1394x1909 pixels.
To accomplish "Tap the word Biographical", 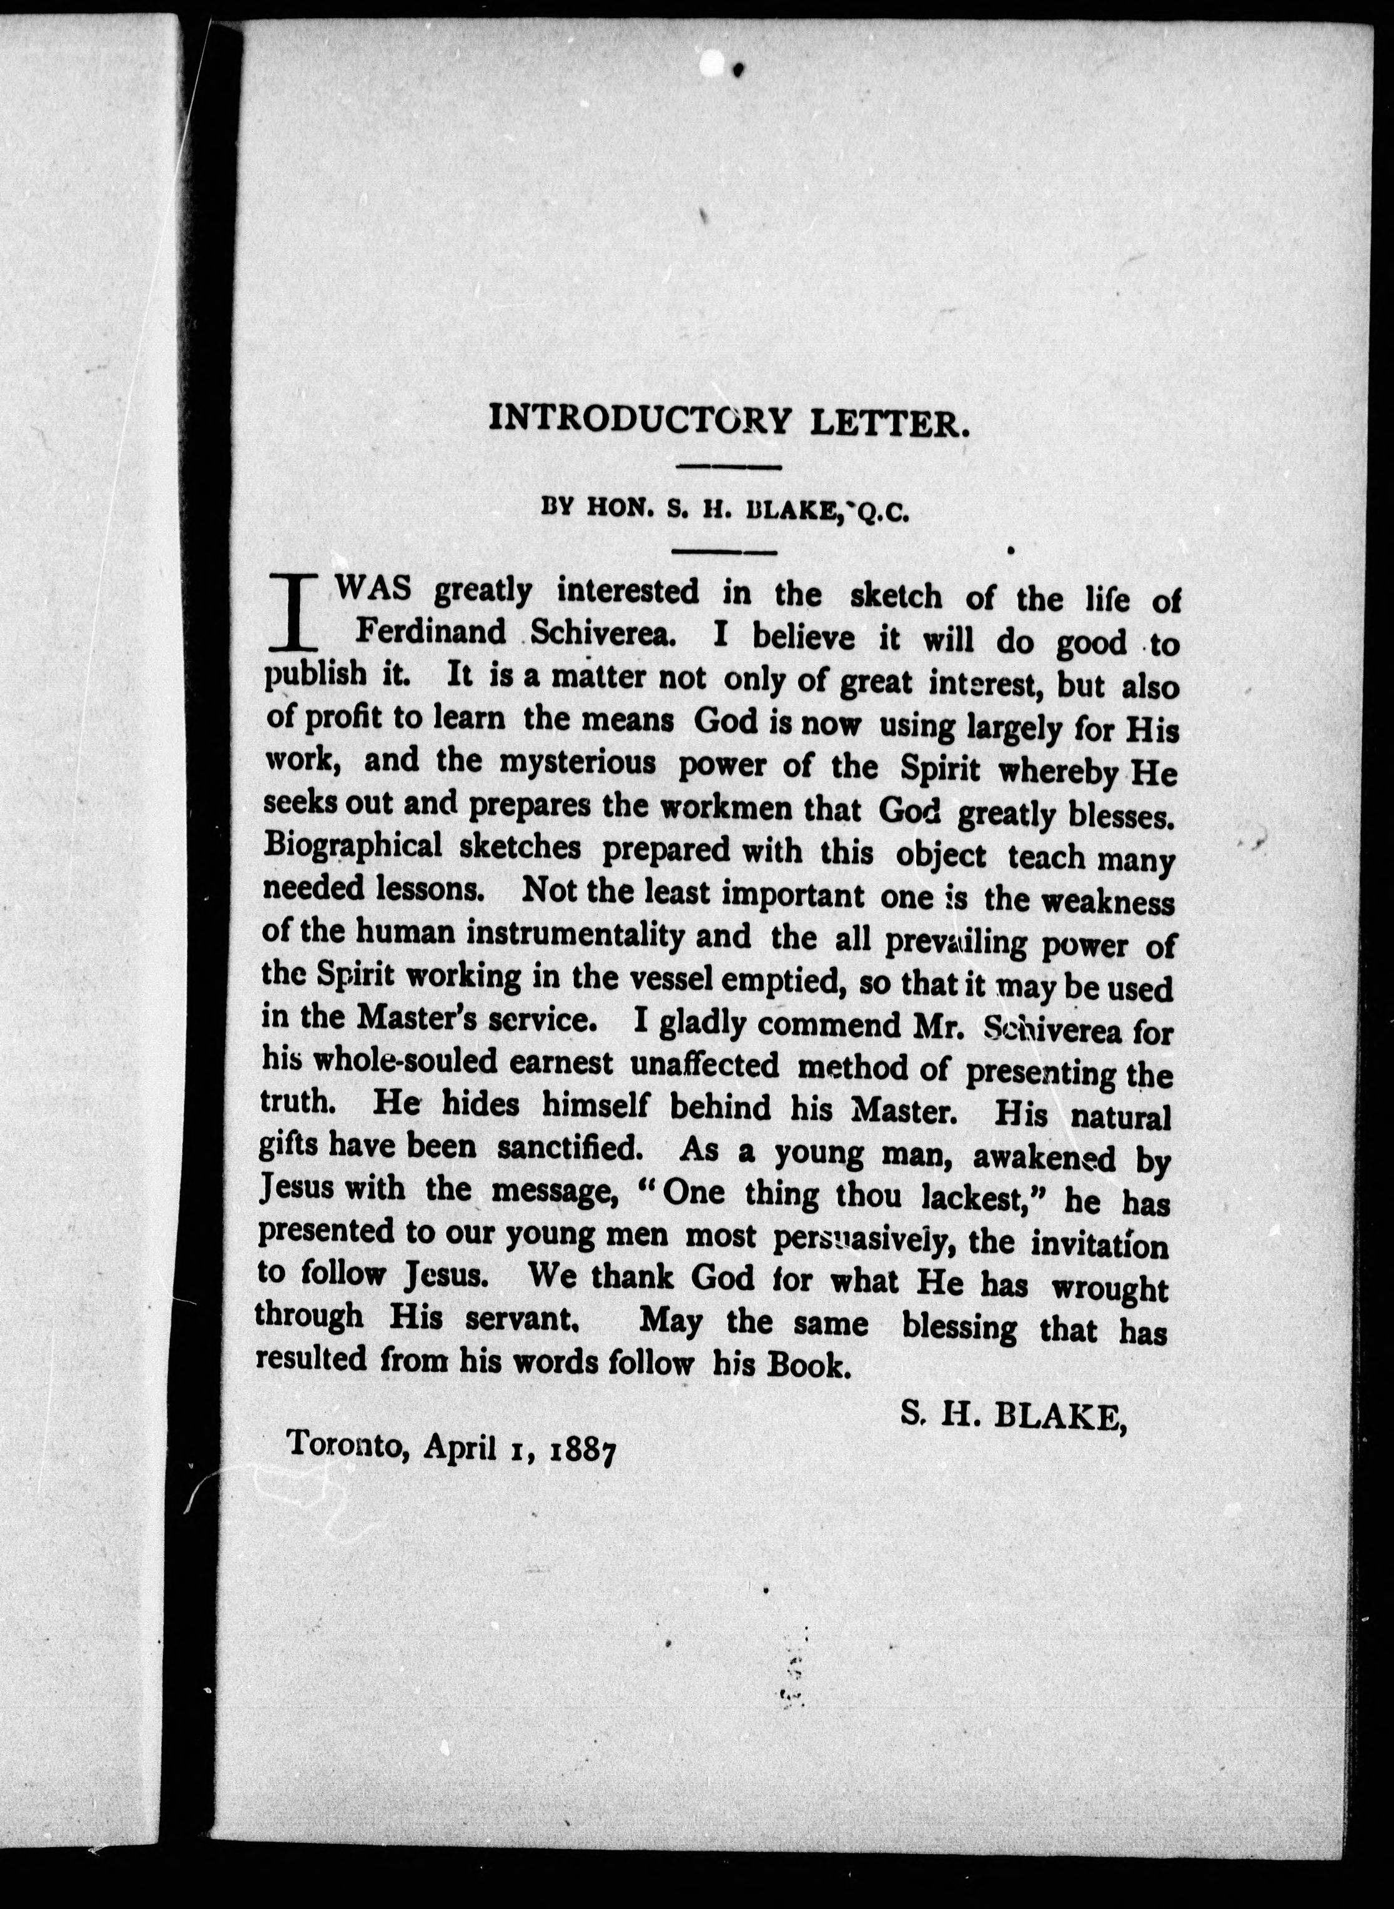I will point(353,846).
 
